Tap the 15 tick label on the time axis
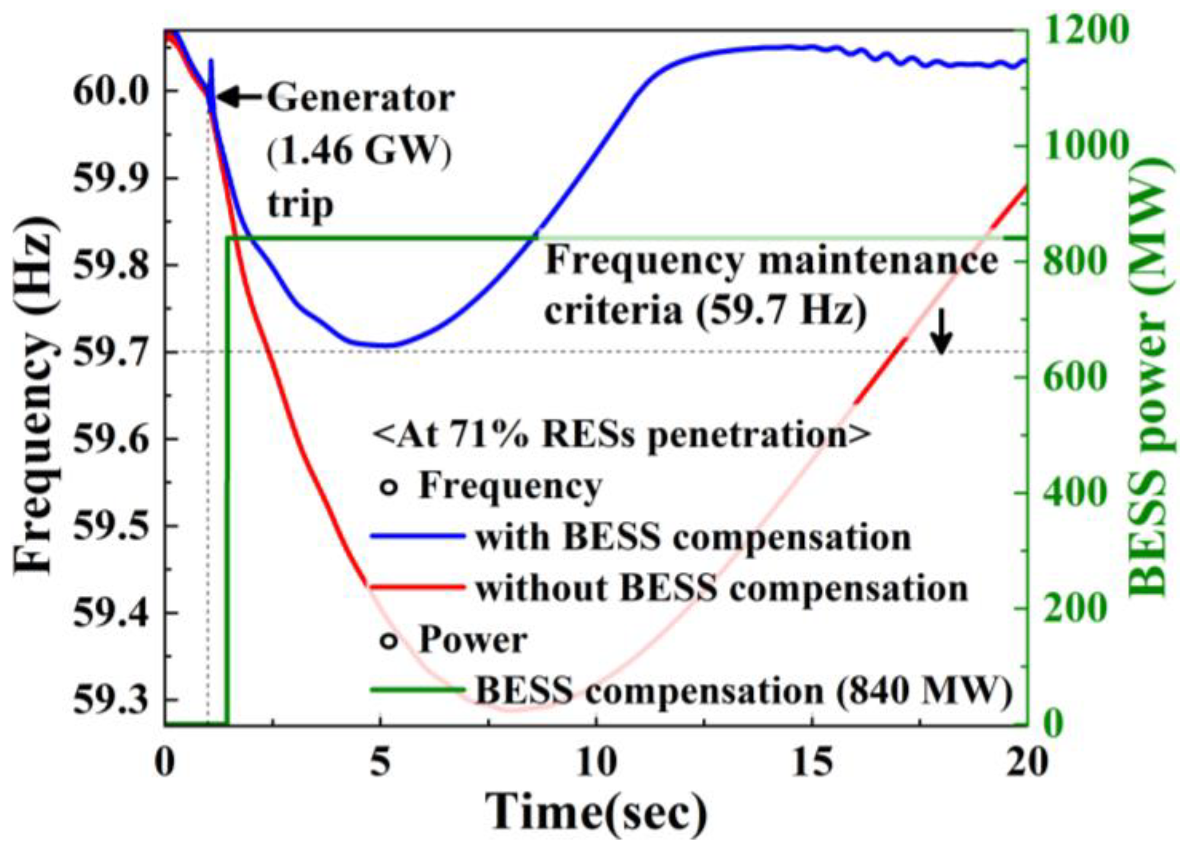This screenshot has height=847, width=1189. click(812, 762)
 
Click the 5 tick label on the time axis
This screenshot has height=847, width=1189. click(380, 762)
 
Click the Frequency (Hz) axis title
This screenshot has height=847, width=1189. click(35, 394)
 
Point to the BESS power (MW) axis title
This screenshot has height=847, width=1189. click(1149, 378)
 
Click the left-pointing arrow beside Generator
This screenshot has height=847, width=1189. click(239, 97)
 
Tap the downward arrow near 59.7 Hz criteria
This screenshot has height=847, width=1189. click(942, 332)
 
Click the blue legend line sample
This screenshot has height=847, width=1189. click(417, 536)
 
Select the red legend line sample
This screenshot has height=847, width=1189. click(417, 587)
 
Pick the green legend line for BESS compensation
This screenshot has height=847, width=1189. click(417, 690)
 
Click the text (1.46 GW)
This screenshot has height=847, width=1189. click(359, 151)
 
